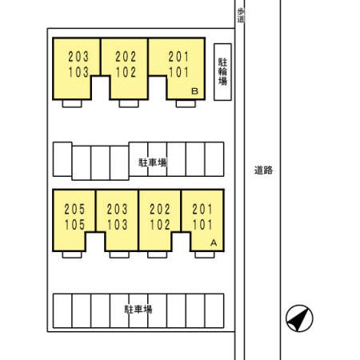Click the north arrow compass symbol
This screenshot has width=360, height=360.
click(x=299, y=318)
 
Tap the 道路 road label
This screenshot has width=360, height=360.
click(x=263, y=170)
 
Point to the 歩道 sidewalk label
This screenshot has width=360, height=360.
click(x=241, y=15)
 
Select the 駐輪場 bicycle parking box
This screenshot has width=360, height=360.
click(x=222, y=72)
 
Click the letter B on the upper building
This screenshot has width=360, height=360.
click(x=195, y=91)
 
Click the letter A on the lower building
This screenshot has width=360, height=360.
click(x=214, y=243)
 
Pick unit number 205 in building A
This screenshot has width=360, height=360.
click(x=74, y=210)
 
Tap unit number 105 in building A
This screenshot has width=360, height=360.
click(x=74, y=225)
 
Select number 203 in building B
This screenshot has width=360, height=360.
click(x=78, y=57)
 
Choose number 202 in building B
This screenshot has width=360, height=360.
click(x=126, y=57)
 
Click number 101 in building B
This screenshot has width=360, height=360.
click(x=178, y=72)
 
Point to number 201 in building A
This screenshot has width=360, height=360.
click(x=202, y=210)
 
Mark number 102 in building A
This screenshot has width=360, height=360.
click(x=160, y=225)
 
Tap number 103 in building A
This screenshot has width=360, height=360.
click(x=117, y=225)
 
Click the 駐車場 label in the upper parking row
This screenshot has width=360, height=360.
click(x=153, y=162)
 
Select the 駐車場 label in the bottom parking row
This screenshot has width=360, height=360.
click(x=138, y=310)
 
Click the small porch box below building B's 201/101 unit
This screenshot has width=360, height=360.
click(x=186, y=104)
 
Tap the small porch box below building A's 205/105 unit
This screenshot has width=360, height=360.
click(x=72, y=254)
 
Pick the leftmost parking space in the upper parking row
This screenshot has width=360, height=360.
click(x=62, y=159)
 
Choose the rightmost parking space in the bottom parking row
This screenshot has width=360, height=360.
click(x=214, y=310)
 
